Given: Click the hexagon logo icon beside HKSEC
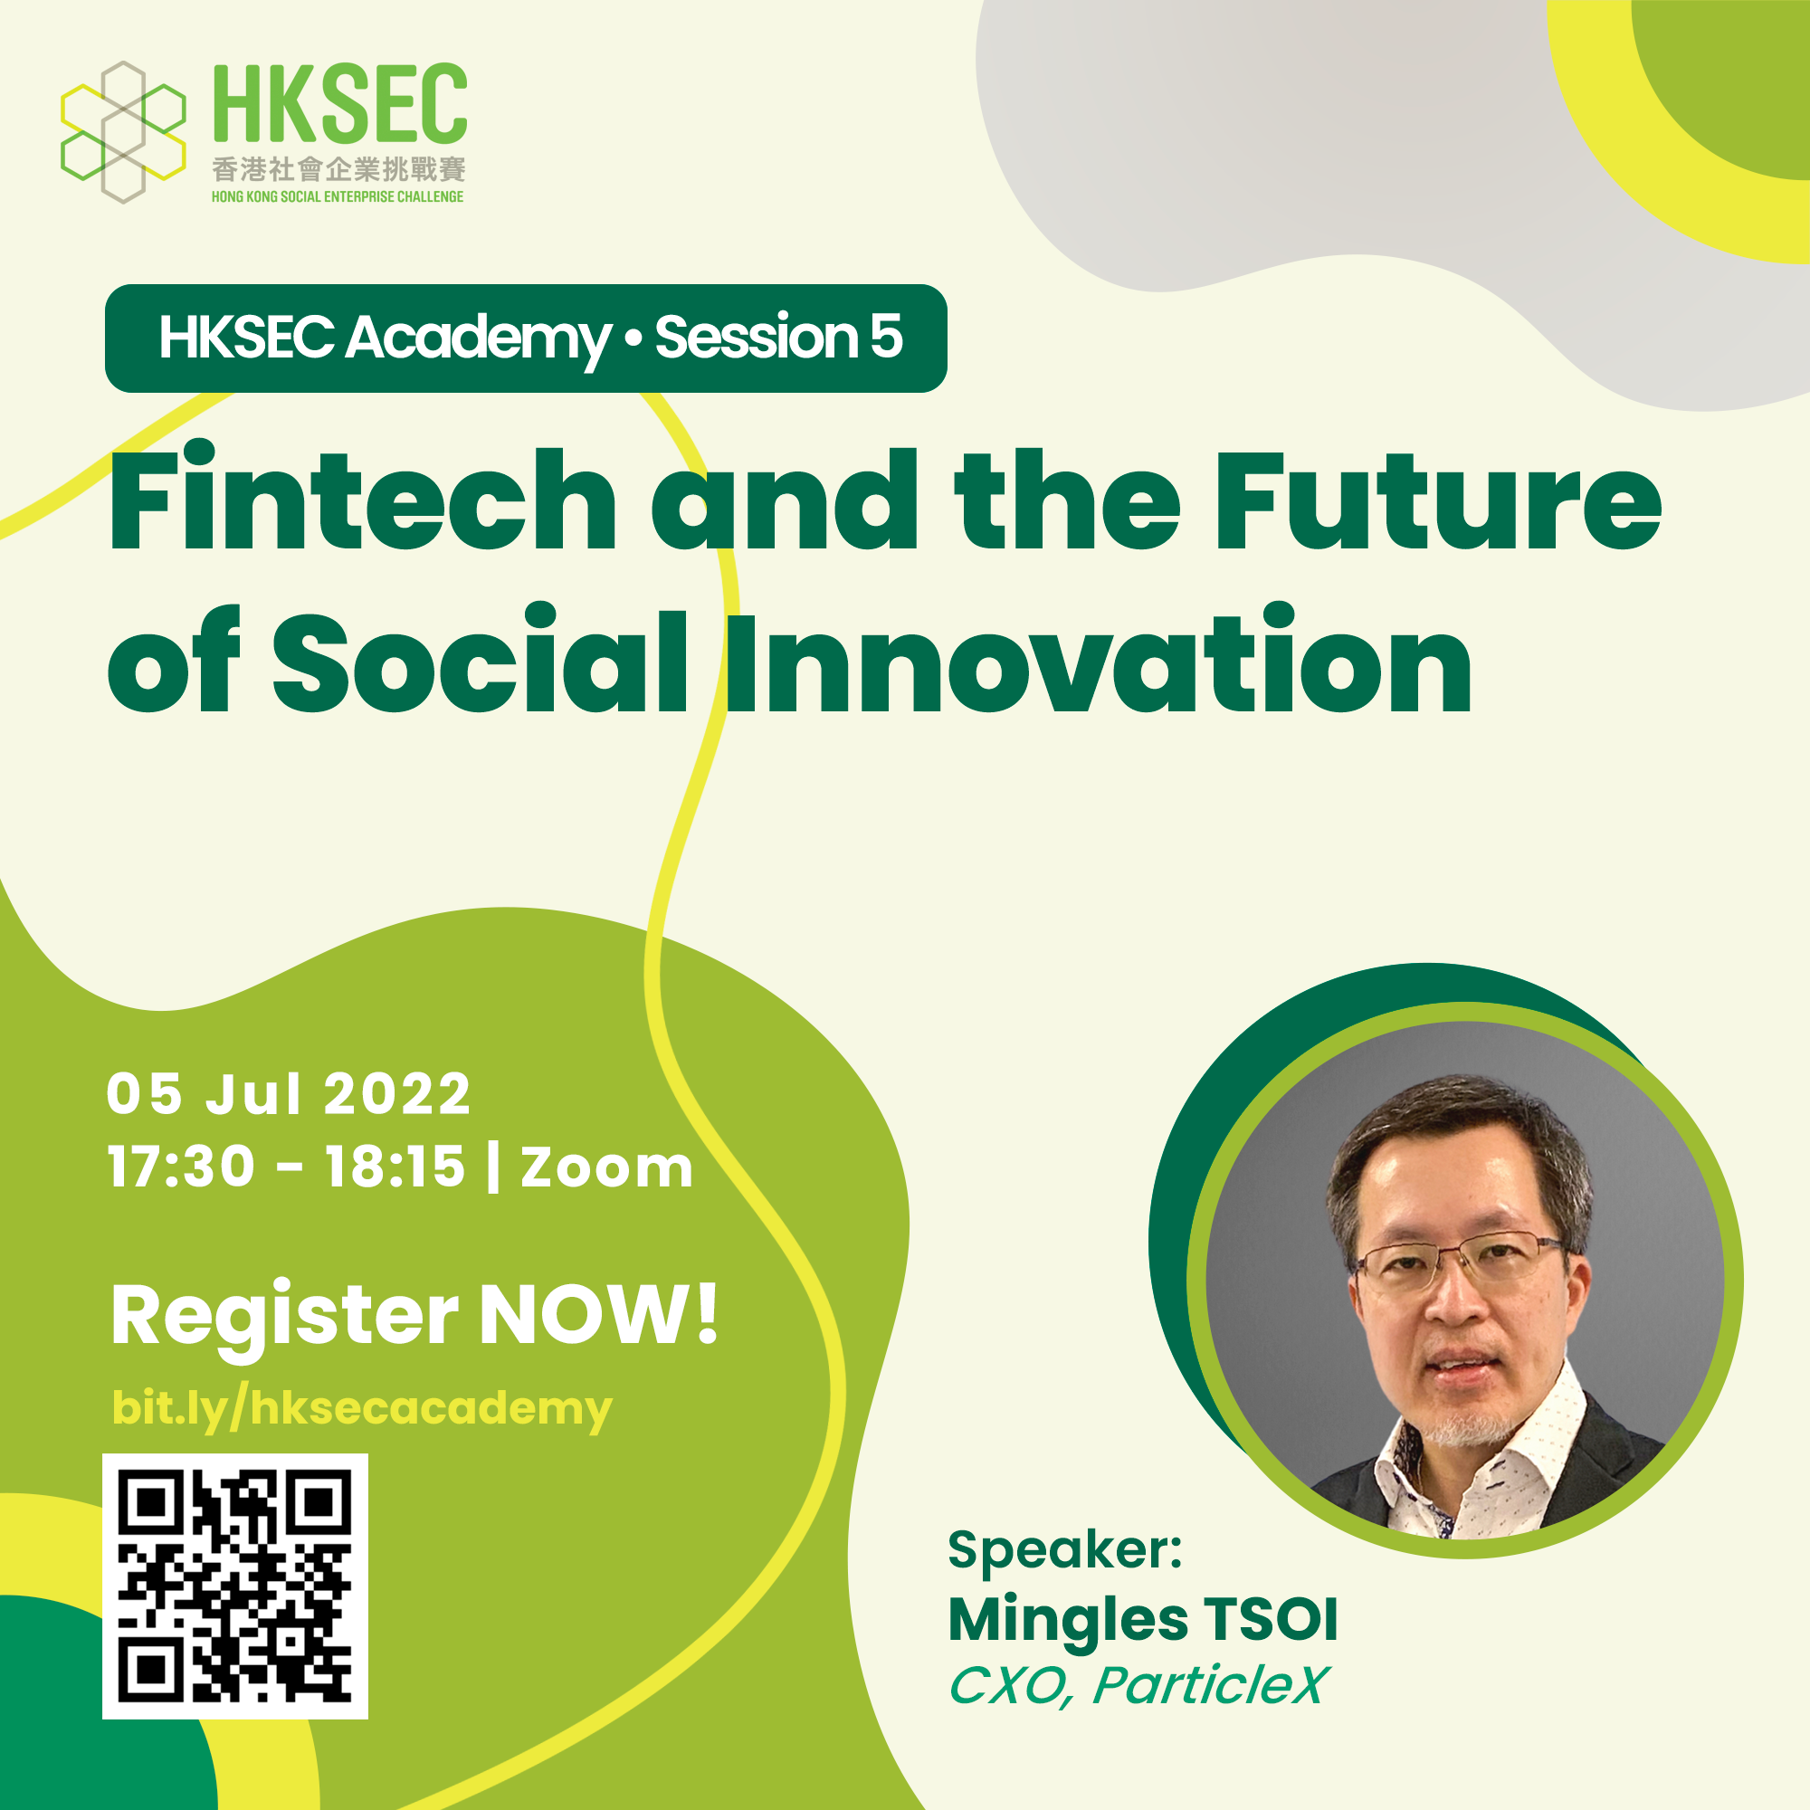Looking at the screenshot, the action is point(123,132).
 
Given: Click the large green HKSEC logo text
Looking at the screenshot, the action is point(340,103).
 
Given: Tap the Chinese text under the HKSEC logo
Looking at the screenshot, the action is point(338,169).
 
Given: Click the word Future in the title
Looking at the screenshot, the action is point(1438,500).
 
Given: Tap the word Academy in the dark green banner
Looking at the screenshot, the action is point(479,338).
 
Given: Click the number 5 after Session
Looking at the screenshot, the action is point(886,337).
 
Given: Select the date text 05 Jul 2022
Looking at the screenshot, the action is point(289,1094).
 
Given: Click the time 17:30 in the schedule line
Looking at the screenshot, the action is point(182,1167).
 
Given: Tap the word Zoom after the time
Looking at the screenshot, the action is point(607,1168).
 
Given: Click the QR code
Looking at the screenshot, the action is point(235,1587).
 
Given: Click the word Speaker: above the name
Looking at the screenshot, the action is point(1065,1550).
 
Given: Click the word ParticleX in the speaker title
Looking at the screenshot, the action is point(1210,1685).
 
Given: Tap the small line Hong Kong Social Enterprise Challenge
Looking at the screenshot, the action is point(338,196).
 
